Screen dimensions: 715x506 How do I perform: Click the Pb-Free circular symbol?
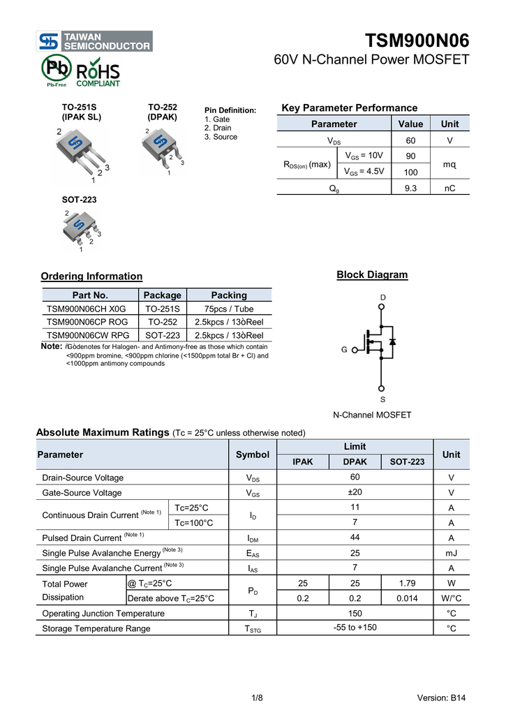point(55,69)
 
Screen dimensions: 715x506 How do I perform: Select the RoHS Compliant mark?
point(98,73)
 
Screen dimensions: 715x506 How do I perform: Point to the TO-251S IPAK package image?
point(82,153)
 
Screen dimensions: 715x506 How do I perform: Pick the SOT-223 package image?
point(82,228)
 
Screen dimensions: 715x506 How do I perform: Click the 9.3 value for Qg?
point(410,189)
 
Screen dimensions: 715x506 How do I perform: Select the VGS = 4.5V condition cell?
point(364,171)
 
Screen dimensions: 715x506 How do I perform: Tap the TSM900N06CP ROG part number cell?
point(87,322)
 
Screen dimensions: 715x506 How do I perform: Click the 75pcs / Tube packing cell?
point(229,309)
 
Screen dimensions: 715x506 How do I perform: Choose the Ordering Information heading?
point(91,277)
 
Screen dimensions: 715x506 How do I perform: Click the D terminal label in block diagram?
point(382,297)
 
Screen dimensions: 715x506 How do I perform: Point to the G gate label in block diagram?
point(344,349)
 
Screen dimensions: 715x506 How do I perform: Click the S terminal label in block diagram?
point(382,399)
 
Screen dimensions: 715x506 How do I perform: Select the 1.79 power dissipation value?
point(407,583)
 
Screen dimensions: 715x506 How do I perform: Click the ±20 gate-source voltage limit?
point(355,492)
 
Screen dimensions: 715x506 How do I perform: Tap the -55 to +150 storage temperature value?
point(355,628)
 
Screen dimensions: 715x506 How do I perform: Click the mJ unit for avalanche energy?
point(451,553)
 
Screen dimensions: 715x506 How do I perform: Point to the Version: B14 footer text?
point(441,698)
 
